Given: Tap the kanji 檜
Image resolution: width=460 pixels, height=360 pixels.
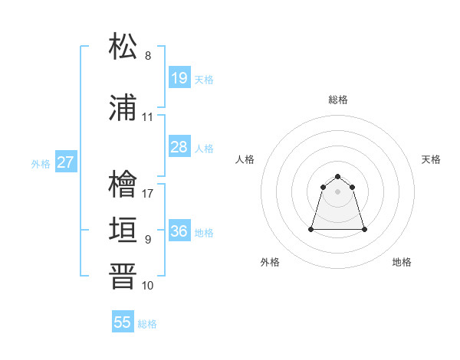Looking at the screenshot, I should pyautogui.click(x=123, y=185).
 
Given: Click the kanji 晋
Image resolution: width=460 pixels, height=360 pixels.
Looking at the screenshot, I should pyautogui.click(x=123, y=277).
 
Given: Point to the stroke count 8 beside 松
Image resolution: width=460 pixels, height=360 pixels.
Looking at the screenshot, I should pyautogui.click(x=148, y=56).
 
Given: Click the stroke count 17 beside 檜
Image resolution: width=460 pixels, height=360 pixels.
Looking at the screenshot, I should pyautogui.click(x=148, y=193).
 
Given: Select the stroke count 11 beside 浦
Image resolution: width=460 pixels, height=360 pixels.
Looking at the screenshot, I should pyautogui.click(x=148, y=117).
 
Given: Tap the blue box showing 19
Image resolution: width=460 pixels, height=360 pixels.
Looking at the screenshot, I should pyautogui.click(x=179, y=78).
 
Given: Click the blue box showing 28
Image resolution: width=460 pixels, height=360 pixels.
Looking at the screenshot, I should pyautogui.click(x=179, y=147).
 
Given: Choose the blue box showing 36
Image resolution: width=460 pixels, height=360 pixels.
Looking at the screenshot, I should pyautogui.click(x=179, y=231).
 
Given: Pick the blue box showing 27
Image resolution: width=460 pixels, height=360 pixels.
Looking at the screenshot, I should pyautogui.click(x=65, y=162).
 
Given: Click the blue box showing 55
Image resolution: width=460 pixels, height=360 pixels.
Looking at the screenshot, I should pyautogui.click(x=123, y=322).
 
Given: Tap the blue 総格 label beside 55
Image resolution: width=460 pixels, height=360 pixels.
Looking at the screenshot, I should pyautogui.click(x=147, y=324).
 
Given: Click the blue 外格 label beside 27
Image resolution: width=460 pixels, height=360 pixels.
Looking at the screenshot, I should pyautogui.click(x=41, y=163).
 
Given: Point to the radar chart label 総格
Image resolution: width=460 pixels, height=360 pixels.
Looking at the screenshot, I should pyautogui.click(x=338, y=100).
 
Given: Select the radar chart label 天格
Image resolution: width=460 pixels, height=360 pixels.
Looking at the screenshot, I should pyautogui.click(x=431, y=159).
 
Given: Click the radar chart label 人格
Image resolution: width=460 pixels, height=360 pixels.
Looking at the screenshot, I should pyautogui.click(x=245, y=159).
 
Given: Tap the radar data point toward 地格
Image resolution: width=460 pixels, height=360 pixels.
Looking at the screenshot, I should pyautogui.click(x=364, y=229).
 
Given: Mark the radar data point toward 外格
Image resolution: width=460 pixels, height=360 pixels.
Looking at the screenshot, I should pyautogui.click(x=312, y=229).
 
